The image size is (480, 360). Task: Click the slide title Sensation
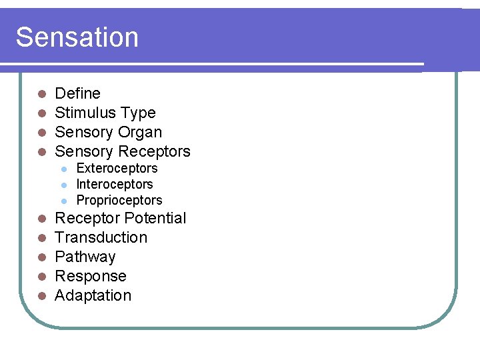(77, 37)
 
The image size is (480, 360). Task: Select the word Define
(77, 93)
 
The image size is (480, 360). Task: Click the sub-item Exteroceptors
(117, 168)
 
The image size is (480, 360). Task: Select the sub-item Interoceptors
(115, 184)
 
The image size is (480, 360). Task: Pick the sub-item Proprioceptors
(119, 200)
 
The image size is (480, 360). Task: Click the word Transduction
(101, 237)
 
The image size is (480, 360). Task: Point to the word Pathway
(85, 257)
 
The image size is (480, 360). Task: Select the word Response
(90, 276)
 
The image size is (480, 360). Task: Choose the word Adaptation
(93, 295)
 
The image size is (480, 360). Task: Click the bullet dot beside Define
(41, 94)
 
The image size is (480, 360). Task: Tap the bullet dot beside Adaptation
(41, 296)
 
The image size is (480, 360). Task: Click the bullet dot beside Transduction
(41, 238)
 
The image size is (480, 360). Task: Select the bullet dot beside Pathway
(41, 257)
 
